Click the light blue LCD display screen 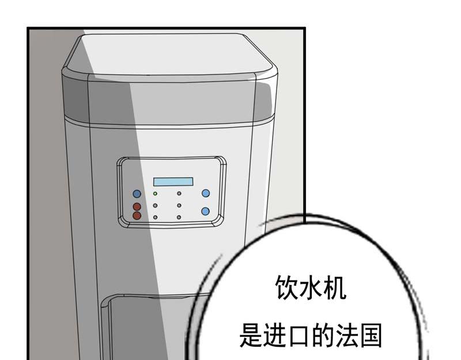[173, 181]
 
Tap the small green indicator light [155, 194]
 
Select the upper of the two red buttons [137, 206]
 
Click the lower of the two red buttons [137, 215]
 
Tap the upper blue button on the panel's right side [206, 193]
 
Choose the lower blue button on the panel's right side [206, 211]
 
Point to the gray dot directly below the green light [155, 206]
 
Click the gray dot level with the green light [179, 194]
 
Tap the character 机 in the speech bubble [334, 287]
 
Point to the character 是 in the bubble [251, 335]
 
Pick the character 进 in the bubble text [275, 335]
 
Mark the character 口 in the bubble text [298, 336]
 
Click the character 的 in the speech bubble [323, 335]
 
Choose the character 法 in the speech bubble [346, 335]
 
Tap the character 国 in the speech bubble [371, 335]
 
